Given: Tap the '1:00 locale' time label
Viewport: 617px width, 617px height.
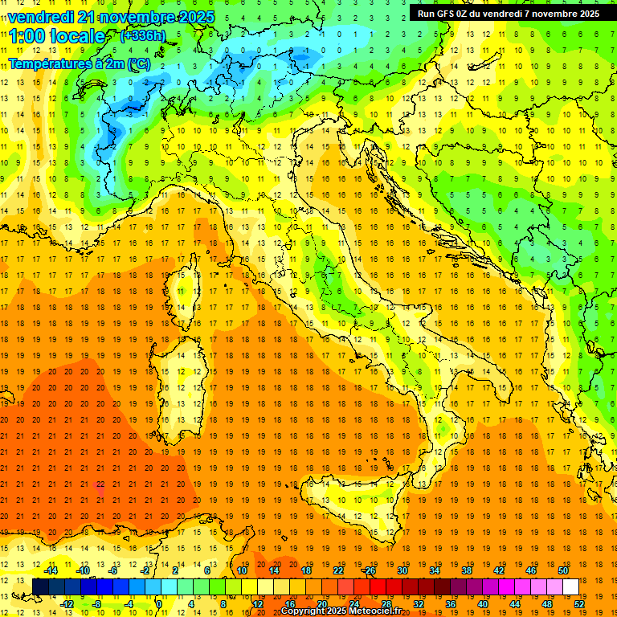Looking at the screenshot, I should [x=57, y=36].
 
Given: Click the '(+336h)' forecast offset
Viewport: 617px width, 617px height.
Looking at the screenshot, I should [x=143, y=35].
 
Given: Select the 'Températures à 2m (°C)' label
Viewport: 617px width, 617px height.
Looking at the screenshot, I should [x=79, y=63].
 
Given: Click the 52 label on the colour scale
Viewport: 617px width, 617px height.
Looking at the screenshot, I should [x=579, y=604].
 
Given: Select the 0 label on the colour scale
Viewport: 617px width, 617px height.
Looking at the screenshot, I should [x=158, y=604].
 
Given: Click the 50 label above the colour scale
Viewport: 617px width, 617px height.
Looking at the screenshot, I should [x=562, y=570].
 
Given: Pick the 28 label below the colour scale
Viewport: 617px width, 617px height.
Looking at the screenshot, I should [x=386, y=604].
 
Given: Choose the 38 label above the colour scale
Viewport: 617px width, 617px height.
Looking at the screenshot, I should [x=466, y=570].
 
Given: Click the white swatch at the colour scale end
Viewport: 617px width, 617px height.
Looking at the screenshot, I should [x=570, y=587].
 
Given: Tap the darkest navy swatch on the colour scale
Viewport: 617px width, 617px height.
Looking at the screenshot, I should [x=40, y=587].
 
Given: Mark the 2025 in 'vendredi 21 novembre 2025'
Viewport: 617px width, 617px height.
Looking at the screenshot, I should [x=192, y=17].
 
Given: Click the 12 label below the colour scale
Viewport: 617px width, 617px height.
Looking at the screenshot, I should [x=257, y=604].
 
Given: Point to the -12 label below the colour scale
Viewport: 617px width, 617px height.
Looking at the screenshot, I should [x=67, y=604].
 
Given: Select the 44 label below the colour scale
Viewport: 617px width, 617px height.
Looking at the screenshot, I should [x=515, y=604].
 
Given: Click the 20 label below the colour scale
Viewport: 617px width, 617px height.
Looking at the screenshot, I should [x=321, y=604].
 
